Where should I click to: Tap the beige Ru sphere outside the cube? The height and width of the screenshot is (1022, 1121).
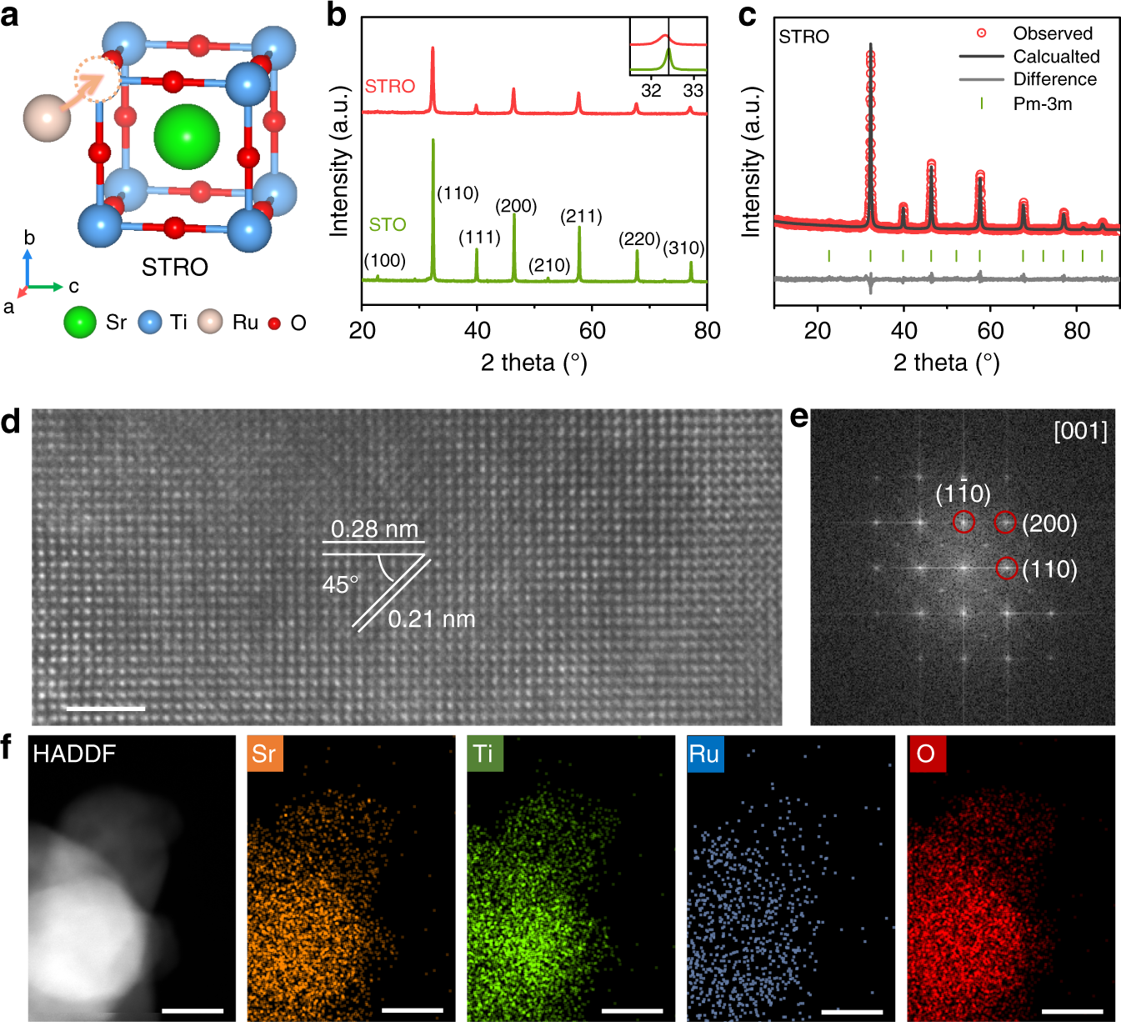pyautogui.click(x=48, y=118)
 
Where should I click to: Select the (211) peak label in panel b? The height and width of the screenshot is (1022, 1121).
pyautogui.click(x=581, y=217)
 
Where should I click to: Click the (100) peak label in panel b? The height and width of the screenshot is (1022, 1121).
pyautogui.click(x=384, y=261)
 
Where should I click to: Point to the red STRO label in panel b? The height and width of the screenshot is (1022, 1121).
pyautogui.click(x=389, y=86)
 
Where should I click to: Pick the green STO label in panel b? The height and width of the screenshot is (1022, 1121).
pyautogui.click(x=388, y=224)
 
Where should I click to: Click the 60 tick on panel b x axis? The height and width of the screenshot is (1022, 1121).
pyautogui.click(x=592, y=331)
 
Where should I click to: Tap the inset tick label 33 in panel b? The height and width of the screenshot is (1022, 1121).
pyautogui.click(x=693, y=90)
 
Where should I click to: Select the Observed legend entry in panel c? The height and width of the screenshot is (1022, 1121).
pyautogui.click(x=1052, y=33)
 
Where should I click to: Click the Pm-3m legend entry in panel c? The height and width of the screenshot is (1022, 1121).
pyautogui.click(x=1042, y=104)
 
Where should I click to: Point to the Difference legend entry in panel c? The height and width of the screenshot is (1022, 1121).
pyautogui.click(x=1054, y=79)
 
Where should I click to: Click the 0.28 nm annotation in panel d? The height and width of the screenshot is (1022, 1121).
pyautogui.click(x=374, y=529)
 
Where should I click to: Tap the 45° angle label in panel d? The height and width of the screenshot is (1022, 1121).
pyautogui.click(x=340, y=584)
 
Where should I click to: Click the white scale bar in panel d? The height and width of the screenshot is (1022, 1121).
pyautogui.click(x=105, y=709)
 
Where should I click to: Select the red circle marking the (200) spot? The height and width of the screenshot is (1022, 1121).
pyautogui.click(x=1005, y=523)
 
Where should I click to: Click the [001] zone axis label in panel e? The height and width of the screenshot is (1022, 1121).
pyautogui.click(x=1080, y=431)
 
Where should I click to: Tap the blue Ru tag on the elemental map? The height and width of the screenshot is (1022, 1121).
pyautogui.click(x=704, y=754)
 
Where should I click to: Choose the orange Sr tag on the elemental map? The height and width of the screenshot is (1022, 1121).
pyautogui.click(x=264, y=754)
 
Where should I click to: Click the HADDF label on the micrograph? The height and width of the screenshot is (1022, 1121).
pyautogui.click(x=74, y=754)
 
